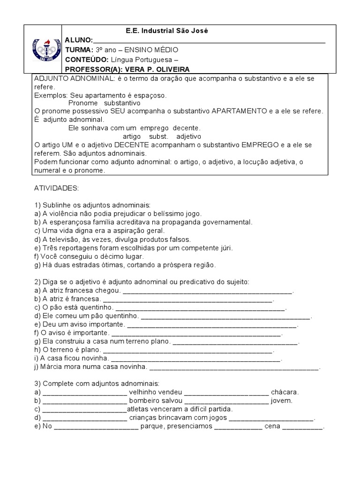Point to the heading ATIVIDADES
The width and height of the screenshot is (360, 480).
[x=57, y=187]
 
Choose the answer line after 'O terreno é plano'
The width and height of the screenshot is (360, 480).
[x=187, y=350]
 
